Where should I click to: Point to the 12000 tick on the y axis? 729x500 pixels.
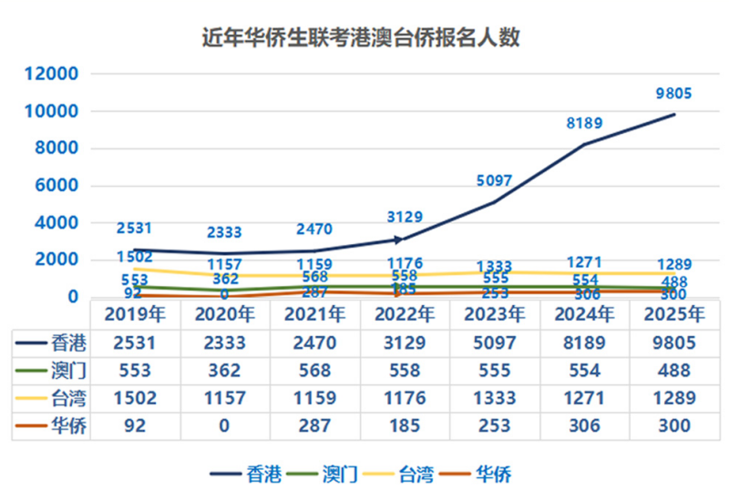pos(53,75)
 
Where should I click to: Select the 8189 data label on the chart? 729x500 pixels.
pos(584,123)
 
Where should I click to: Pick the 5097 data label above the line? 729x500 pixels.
pos(494,181)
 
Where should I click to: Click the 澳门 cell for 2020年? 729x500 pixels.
pos(224,371)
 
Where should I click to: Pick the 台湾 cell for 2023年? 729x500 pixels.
pos(494,398)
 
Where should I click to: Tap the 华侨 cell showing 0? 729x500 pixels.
pos(224,425)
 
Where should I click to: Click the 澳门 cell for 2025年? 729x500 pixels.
pos(673,371)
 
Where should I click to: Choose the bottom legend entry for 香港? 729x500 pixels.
pos(248,474)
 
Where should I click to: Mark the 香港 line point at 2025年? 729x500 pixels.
pos(674,114)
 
